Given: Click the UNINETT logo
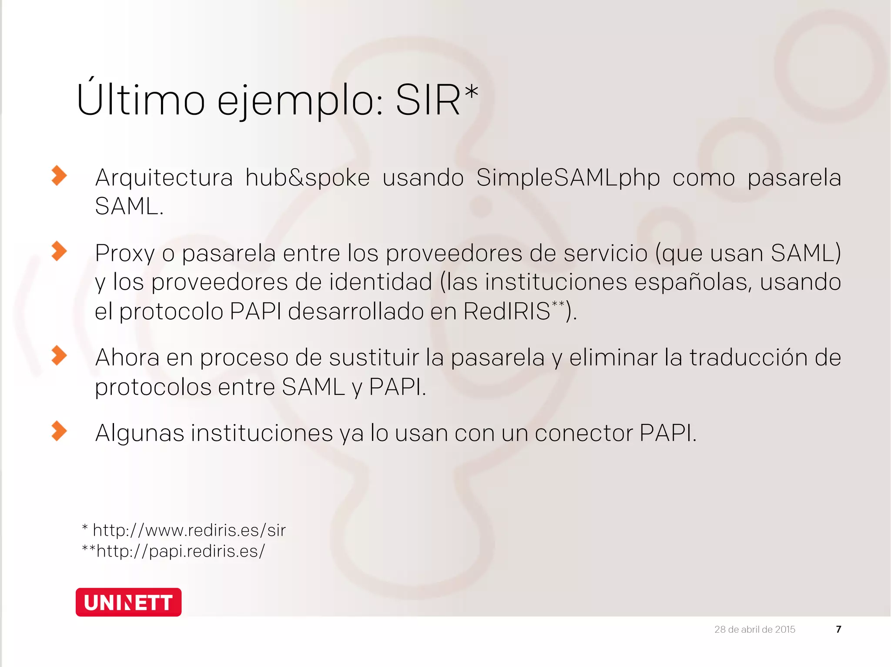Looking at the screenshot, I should (x=128, y=602).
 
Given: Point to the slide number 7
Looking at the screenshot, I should (x=838, y=629).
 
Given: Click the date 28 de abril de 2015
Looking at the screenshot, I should (x=754, y=629).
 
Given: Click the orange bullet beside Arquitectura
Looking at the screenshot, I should (x=59, y=176).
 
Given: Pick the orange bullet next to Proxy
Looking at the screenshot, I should (x=59, y=251).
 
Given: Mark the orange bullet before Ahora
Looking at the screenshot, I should (x=59, y=356).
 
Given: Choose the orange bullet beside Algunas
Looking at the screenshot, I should (x=59, y=431).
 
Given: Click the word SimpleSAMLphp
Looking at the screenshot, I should (x=568, y=178).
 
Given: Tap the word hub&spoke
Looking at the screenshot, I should (x=308, y=178).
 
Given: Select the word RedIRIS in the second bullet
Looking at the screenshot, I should (x=507, y=311).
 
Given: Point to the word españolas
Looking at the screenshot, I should (x=693, y=282).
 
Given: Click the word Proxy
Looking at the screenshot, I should (x=125, y=253).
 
